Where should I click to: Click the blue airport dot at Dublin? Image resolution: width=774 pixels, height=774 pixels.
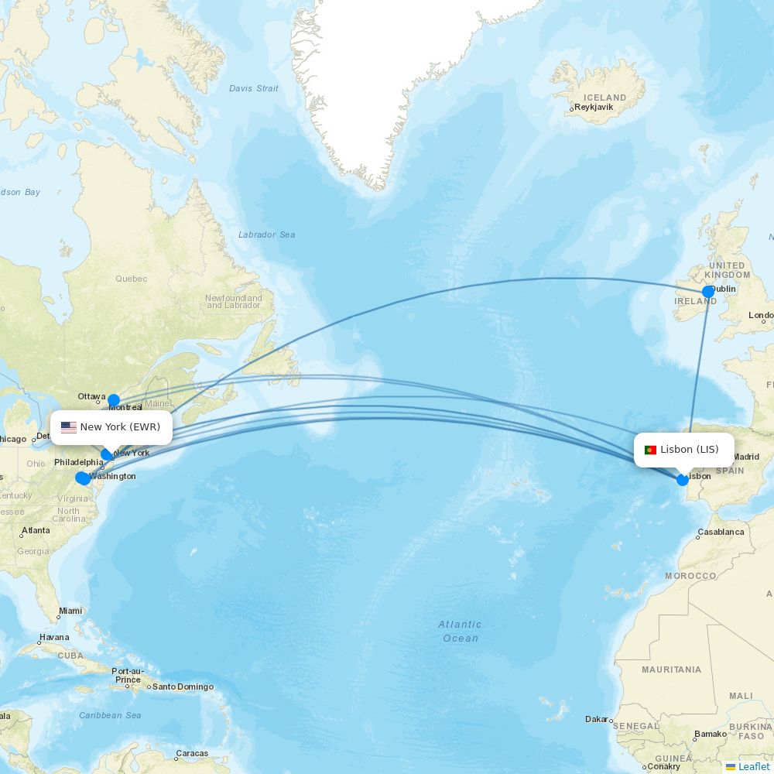(x=708, y=292)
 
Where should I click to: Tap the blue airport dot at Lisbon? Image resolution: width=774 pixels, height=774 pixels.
(x=682, y=480)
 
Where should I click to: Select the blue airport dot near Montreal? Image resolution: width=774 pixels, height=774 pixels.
(x=114, y=400)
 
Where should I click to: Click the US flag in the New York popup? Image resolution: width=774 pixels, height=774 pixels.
(x=68, y=427)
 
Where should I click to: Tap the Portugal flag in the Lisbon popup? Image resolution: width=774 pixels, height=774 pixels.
(x=650, y=450)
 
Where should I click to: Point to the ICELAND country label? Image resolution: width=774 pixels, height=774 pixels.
(x=604, y=98)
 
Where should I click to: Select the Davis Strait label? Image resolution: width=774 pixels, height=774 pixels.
(x=253, y=88)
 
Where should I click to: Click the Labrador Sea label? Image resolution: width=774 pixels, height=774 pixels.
(x=266, y=235)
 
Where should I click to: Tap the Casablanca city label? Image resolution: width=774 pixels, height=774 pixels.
(x=721, y=533)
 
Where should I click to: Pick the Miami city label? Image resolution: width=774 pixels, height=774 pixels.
(x=70, y=611)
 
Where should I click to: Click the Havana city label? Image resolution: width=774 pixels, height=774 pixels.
(x=54, y=638)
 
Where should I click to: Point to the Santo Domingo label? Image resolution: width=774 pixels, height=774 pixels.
(x=183, y=687)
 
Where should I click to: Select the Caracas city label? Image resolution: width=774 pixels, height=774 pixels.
(x=191, y=753)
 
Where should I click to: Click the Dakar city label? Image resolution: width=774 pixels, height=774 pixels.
(x=596, y=719)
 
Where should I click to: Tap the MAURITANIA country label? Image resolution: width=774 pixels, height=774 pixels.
(x=671, y=670)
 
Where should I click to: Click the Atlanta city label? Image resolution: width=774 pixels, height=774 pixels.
(x=36, y=531)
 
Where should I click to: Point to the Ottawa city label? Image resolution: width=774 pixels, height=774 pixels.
(x=91, y=396)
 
